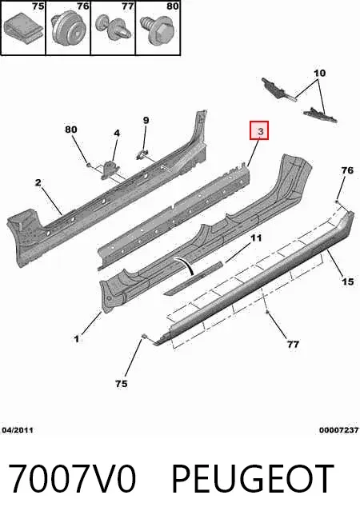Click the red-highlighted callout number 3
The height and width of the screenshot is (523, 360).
point(259,130)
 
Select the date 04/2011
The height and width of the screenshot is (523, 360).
point(18,430)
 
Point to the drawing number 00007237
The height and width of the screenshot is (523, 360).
point(339,430)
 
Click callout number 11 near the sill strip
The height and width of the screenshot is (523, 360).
point(256,238)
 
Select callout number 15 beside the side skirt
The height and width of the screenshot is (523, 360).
point(348,281)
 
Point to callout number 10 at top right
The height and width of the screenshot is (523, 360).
point(319,73)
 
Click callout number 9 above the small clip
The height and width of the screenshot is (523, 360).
point(146,120)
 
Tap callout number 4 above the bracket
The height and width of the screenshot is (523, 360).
point(117,133)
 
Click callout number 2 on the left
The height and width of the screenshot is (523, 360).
point(38,182)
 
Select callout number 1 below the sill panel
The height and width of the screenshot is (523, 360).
point(77,339)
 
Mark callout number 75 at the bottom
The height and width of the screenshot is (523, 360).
point(122,384)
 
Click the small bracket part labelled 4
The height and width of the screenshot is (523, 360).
point(110,170)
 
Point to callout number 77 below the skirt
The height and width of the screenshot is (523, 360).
point(293,344)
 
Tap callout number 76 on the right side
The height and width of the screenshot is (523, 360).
point(347,170)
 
